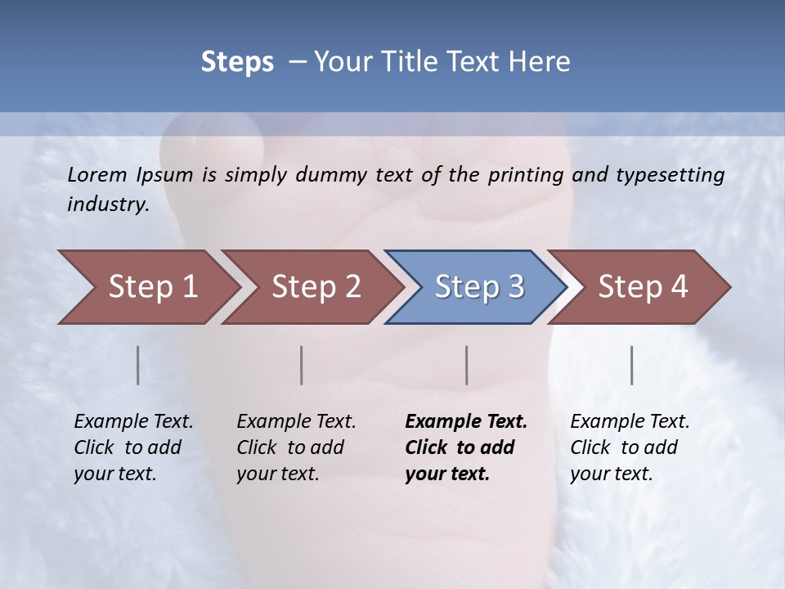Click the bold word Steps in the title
237,62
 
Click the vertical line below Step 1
138,365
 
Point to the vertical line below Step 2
302,365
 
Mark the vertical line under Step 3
467,365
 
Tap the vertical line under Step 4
632,365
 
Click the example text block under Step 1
133,447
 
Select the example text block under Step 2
296,447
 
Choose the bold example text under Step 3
466,447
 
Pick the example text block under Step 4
630,447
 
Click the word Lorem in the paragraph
97,175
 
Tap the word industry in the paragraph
107,205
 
